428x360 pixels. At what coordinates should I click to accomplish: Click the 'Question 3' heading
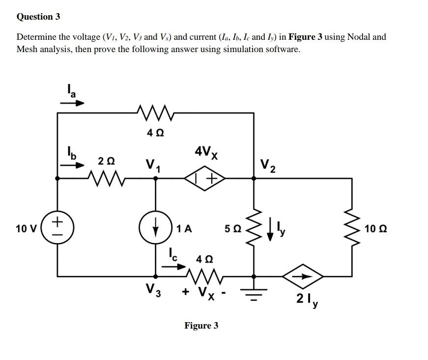[38, 17]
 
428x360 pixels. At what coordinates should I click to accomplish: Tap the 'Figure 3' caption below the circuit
[201, 326]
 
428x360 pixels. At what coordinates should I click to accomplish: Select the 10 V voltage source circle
[57, 228]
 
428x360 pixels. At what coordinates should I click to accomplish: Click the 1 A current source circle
[156, 228]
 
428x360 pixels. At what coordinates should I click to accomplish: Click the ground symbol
[254, 290]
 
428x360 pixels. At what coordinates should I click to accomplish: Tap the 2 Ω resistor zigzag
[107, 178]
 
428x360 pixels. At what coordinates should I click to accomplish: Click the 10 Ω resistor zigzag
[352, 228]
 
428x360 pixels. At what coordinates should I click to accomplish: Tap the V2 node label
[268, 165]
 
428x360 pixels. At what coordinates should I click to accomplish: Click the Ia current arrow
[72, 103]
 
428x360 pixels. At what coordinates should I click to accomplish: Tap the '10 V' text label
[25, 228]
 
